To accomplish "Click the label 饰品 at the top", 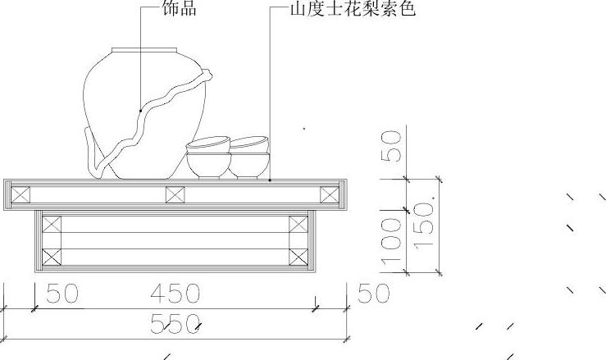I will tap(180, 9).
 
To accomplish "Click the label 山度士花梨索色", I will tap(353, 9).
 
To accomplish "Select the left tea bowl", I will tap(207, 158).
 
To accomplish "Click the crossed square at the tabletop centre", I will tap(175, 195).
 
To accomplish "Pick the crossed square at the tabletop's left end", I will tap(21, 195).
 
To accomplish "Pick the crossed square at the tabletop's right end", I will tap(329, 195).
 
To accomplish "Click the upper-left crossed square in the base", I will tap(52, 226).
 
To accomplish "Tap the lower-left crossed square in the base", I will tap(52, 255).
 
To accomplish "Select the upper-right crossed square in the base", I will tap(298, 226).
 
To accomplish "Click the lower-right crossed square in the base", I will tap(298, 255).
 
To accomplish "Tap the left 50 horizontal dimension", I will tap(62, 294).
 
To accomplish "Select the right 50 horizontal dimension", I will tap(373, 294).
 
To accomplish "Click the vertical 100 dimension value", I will tap(392, 244).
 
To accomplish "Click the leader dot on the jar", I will tap(140, 110).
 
